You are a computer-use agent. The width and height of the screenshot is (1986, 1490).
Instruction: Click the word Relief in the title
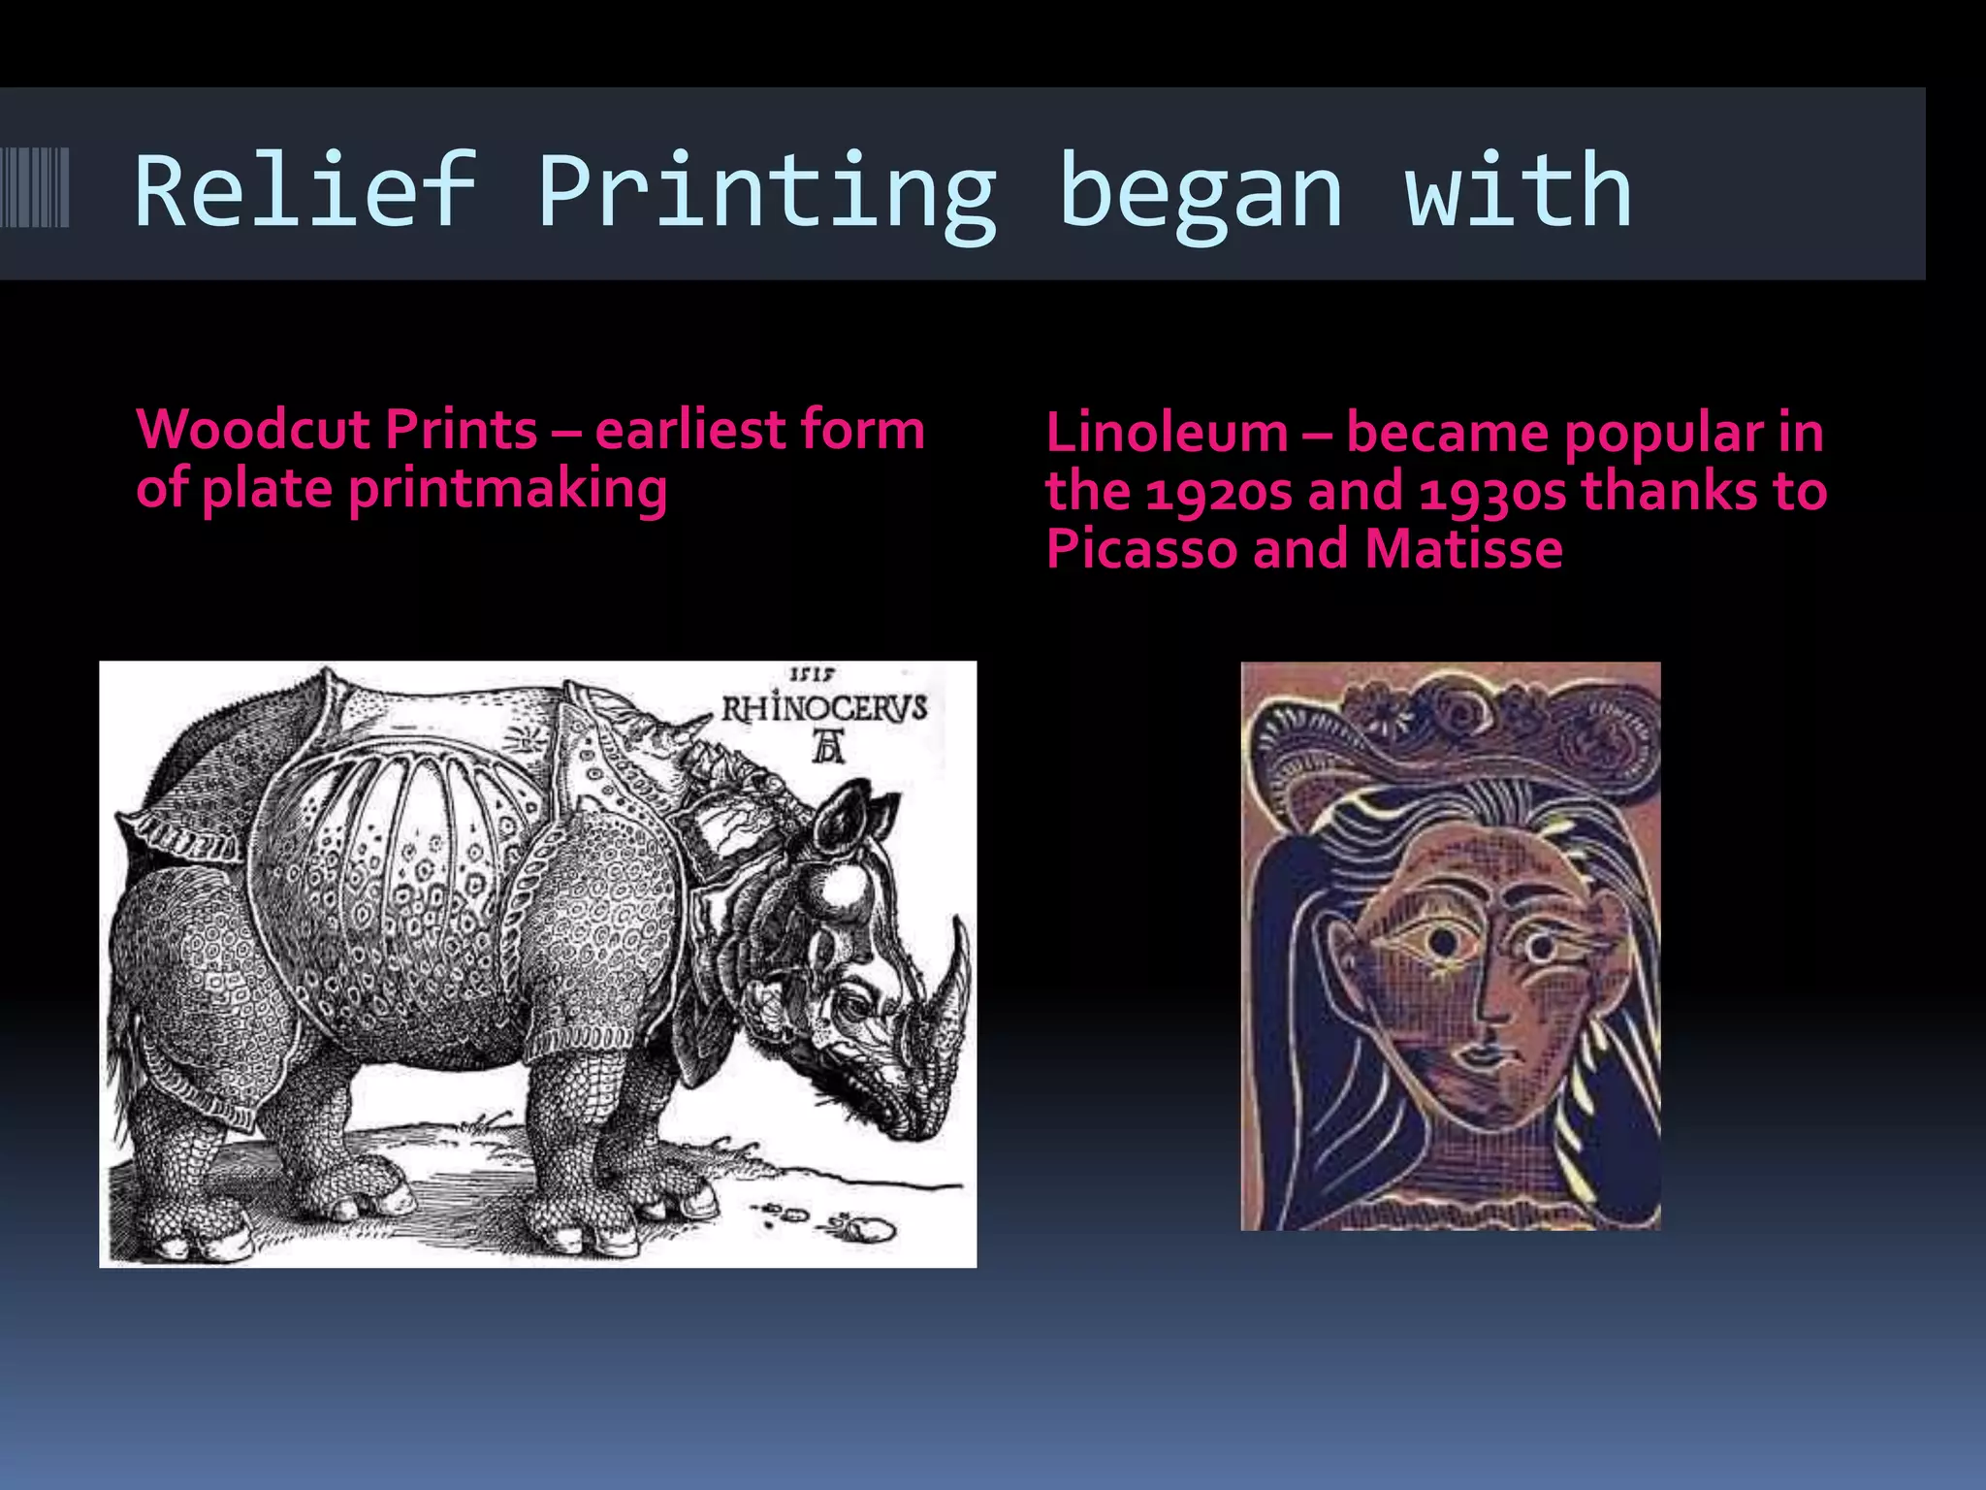[x=304, y=192]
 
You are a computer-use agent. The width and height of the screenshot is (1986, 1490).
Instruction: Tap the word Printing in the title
[x=766, y=192]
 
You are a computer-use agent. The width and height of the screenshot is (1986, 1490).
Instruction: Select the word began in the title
[x=1201, y=192]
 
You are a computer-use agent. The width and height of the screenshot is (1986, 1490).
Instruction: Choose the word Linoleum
[x=1167, y=433]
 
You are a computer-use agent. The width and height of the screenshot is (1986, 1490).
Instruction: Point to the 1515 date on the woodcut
[x=813, y=673]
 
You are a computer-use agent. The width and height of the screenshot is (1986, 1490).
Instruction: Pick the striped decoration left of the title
[x=35, y=187]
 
